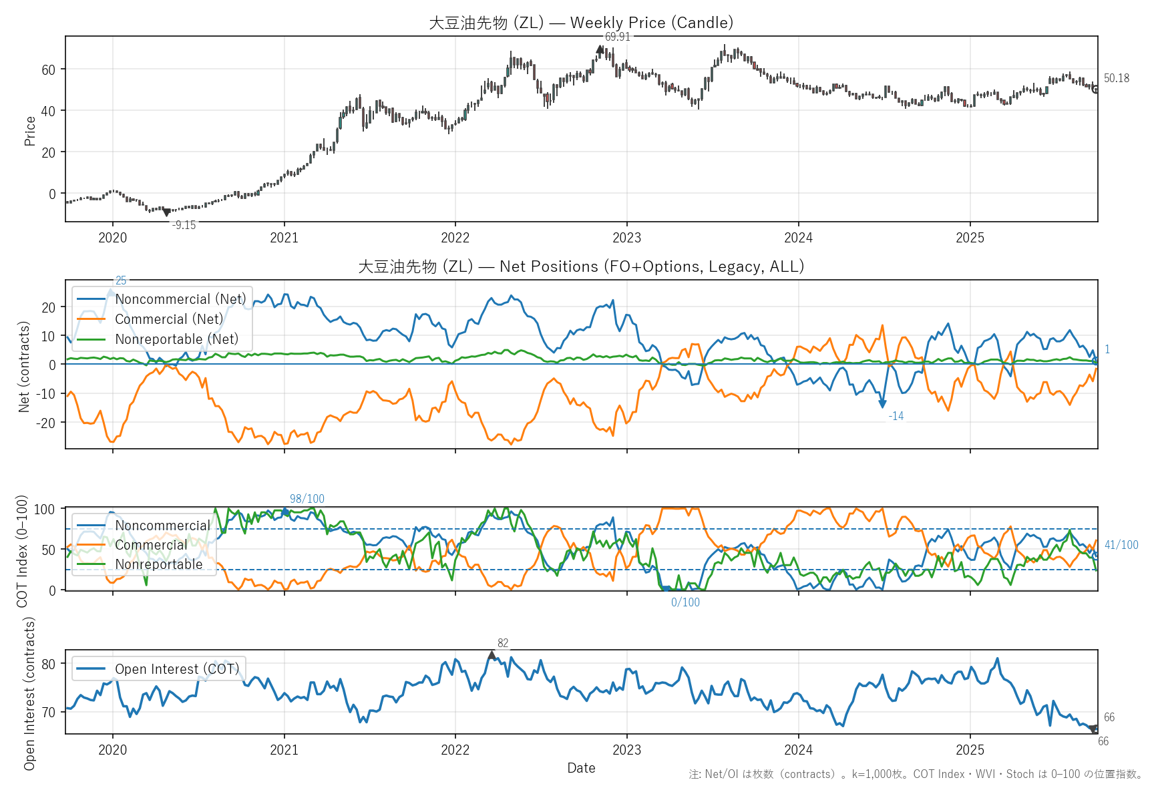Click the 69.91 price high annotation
617,37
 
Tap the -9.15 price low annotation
184,225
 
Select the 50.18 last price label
1116,78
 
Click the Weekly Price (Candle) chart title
581,23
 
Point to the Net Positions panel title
581,266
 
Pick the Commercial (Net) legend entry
169,319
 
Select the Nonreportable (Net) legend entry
176,339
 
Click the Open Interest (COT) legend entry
176,669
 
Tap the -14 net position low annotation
896,416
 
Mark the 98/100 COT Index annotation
307,499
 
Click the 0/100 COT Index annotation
685,602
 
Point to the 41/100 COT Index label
1121,545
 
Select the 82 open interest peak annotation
503,643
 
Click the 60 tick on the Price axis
49,69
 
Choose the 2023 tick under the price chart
626,238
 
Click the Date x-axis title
581,768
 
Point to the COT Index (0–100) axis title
22,551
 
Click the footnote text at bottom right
916,774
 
